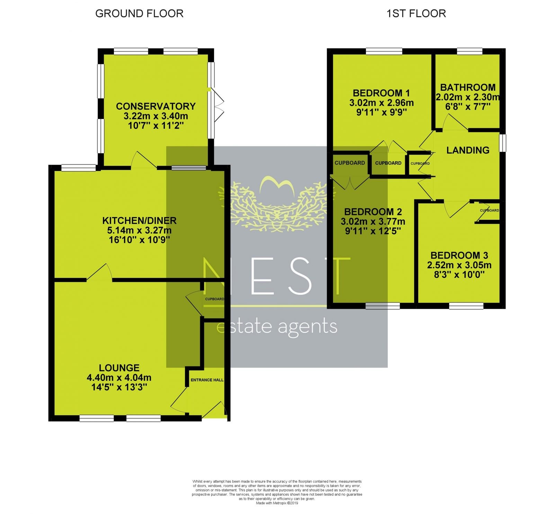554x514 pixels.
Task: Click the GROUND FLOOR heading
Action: coord(139,13)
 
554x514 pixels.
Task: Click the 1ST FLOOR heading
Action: coord(416,13)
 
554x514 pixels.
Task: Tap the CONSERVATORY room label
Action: coord(156,106)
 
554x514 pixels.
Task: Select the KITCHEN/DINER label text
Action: coord(140,220)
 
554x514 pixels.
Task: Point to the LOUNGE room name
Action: coord(119,368)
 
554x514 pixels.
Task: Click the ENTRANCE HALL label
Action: coord(207,380)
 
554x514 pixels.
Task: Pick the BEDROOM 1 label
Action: coord(381,93)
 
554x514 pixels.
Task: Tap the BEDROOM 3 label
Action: coord(459,255)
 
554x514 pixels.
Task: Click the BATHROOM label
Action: coord(468,87)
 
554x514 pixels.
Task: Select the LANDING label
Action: coord(468,150)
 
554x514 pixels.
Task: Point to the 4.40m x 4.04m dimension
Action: coord(119,378)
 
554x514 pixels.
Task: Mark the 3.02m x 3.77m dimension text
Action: coord(373,222)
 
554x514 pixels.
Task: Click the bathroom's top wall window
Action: coord(470,52)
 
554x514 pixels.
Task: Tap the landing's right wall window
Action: coord(503,143)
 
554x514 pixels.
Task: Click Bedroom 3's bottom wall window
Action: coord(466,306)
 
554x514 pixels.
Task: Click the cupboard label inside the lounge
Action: coord(214,299)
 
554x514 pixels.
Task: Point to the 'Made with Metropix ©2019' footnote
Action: coord(277,504)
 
